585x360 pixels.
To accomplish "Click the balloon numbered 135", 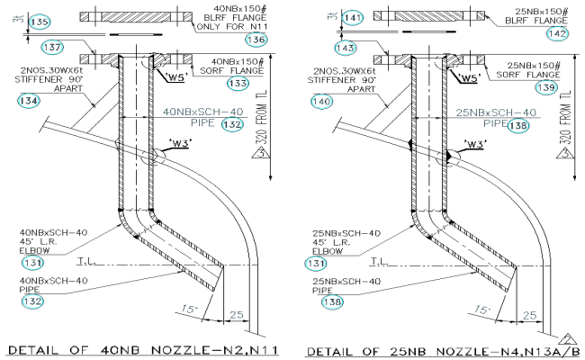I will pyautogui.click(x=39, y=20).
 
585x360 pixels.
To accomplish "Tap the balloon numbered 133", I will pyautogui.click(x=238, y=83).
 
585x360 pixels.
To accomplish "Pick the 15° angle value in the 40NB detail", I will pyautogui.click(x=187, y=310).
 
